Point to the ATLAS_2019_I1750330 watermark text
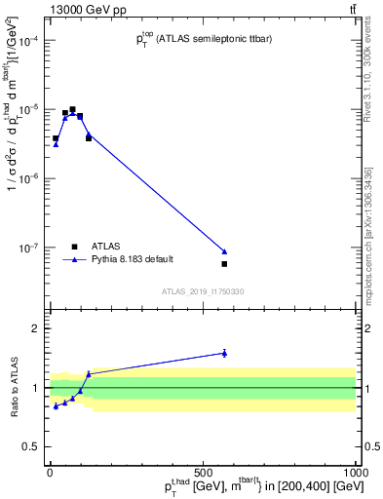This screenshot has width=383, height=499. coord(203,291)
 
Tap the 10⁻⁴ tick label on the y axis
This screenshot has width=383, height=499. coord(32,40)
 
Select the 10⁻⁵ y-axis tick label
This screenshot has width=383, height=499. coord(32,109)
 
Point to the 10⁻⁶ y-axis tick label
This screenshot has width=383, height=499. coord(32,178)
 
